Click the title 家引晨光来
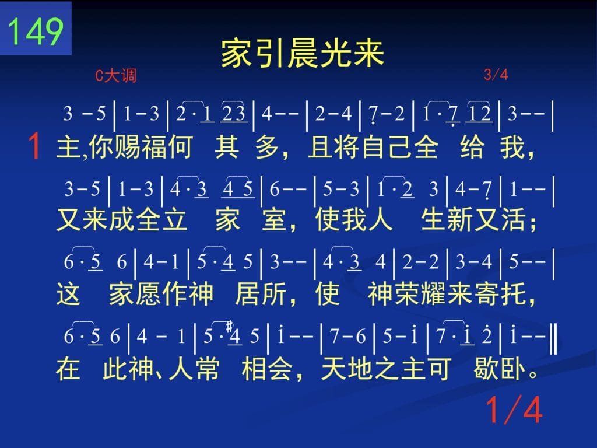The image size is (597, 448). tap(303, 53)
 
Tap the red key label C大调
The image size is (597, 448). tap(116, 75)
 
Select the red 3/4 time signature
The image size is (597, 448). tap(496, 74)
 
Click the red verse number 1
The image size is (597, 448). tap(34, 146)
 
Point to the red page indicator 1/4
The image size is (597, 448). tap(514, 409)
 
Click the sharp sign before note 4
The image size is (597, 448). tap(229, 327)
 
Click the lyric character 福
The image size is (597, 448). tap(153, 147)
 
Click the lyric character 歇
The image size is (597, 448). tap(486, 368)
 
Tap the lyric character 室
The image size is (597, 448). tap(274, 220)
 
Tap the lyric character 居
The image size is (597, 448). tap(247, 294)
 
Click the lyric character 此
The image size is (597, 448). tap(115, 368)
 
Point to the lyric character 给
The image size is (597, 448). tap(472, 147)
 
